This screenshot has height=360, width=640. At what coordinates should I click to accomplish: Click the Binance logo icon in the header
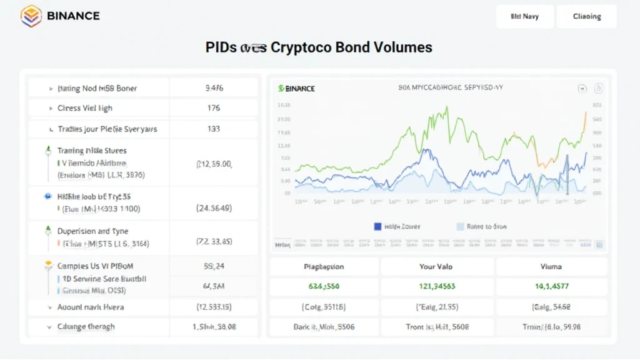point(31,16)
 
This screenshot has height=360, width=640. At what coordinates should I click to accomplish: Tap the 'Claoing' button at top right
point(586,17)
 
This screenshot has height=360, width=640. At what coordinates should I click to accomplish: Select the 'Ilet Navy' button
point(524,17)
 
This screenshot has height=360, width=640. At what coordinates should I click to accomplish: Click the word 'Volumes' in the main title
point(400,47)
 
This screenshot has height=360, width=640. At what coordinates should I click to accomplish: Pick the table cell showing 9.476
point(214,89)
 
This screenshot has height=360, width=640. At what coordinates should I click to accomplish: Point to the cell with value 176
point(213,108)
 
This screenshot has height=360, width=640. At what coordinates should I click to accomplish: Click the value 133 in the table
point(213,129)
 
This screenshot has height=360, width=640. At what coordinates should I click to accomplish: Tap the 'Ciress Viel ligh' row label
point(85,108)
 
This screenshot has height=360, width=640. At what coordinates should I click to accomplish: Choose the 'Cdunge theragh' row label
point(86,326)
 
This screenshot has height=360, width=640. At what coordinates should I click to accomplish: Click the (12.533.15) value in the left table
point(214,307)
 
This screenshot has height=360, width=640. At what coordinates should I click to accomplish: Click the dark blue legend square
point(377,227)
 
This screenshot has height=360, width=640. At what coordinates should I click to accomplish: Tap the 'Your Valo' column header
point(436,267)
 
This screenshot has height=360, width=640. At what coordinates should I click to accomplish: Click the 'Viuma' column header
point(551,267)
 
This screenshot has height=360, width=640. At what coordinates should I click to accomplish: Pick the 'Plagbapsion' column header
point(324,267)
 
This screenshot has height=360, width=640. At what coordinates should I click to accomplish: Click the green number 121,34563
point(436,287)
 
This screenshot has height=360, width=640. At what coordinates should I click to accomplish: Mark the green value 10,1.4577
point(551,287)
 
